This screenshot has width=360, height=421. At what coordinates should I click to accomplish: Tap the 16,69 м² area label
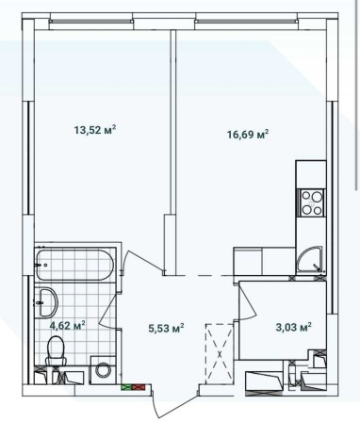coord(249,135)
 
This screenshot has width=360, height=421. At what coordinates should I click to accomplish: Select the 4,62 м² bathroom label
coord(67,326)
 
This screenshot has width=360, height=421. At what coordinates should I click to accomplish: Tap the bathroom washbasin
coord(46,304)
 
